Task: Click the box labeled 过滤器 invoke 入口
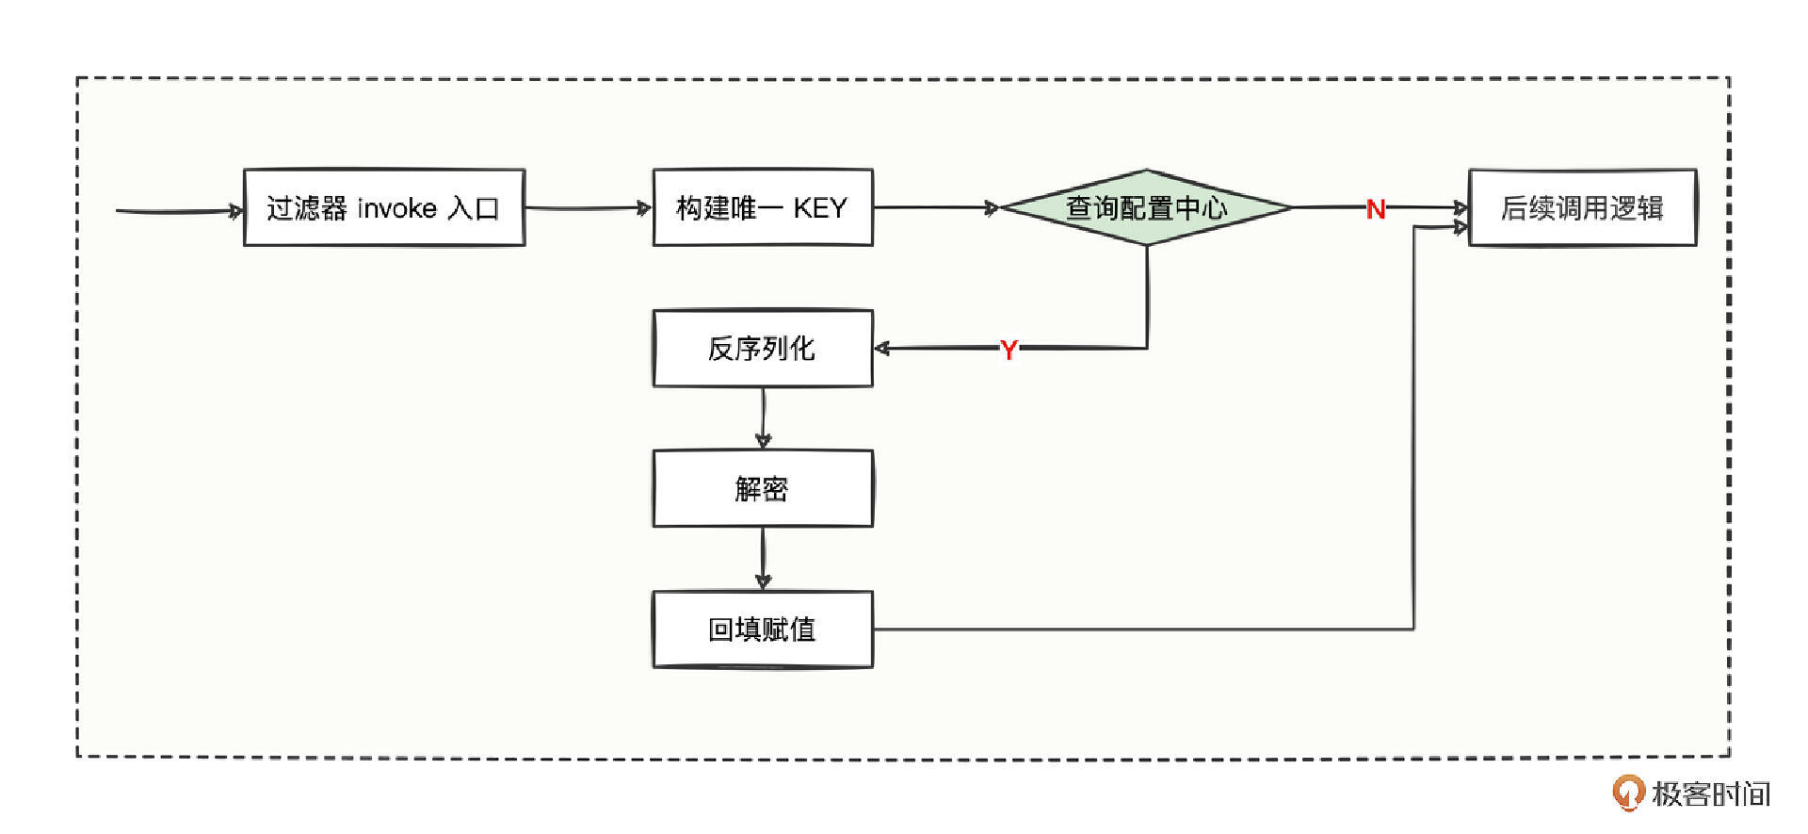click(384, 208)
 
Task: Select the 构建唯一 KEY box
click(763, 208)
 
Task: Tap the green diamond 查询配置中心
click(1146, 207)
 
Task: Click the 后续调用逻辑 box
click(1582, 208)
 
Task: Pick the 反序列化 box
click(763, 349)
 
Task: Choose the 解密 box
click(763, 489)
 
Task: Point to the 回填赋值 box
click(763, 630)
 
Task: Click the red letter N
click(1376, 209)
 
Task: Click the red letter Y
click(1009, 351)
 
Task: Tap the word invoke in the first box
click(397, 208)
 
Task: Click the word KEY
click(820, 208)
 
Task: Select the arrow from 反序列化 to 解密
click(763, 417)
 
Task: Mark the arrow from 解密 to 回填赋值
click(763, 558)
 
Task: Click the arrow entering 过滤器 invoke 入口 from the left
click(179, 211)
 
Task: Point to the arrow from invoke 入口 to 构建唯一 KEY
click(588, 208)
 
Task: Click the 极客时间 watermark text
click(1710, 794)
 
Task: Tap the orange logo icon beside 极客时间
click(1627, 793)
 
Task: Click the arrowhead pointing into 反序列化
click(882, 349)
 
